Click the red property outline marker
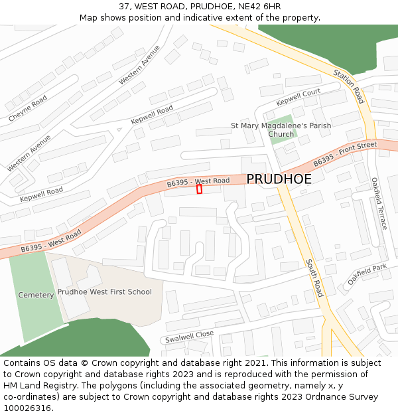(199, 189)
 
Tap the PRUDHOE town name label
(279, 179)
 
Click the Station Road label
(349, 86)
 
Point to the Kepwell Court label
(298, 97)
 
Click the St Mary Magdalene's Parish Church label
(281, 129)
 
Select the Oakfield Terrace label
(379, 203)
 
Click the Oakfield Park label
(367, 274)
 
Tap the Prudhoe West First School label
(104, 291)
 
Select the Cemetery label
(36, 295)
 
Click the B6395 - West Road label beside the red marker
(198, 181)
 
